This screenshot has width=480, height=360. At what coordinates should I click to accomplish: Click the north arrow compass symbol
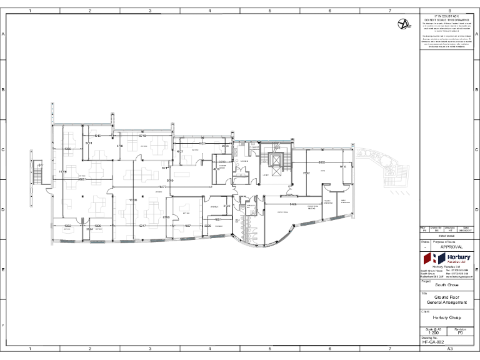pyautogui.click(x=405, y=24)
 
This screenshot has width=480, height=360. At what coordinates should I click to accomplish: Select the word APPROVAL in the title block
pyautogui.click(x=451, y=247)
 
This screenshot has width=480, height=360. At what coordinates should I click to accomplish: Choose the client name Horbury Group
pyautogui.click(x=447, y=317)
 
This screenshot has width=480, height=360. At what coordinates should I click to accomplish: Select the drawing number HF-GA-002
pyautogui.click(x=432, y=342)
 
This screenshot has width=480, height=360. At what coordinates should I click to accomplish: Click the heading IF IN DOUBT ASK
pyautogui.click(x=447, y=15)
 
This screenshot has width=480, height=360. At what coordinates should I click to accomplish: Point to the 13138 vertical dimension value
pyautogui.click(x=133, y=200)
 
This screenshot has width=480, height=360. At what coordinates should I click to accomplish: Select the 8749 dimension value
pyautogui.click(x=142, y=136)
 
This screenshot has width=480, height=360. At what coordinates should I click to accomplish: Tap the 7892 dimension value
pyautogui.click(x=306, y=173)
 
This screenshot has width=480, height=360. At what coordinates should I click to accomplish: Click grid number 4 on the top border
pyautogui.click(x=209, y=11)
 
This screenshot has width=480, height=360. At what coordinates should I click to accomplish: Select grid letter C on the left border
pyautogui.click(x=4, y=150)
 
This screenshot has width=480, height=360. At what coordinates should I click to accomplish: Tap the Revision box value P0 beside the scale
pyautogui.click(x=461, y=334)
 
